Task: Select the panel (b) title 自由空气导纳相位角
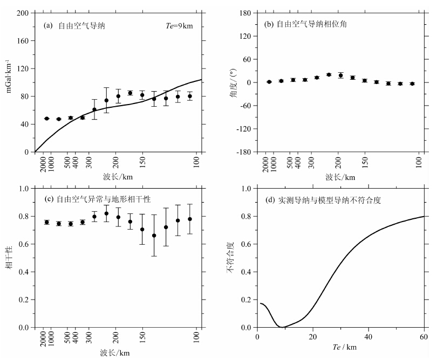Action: (x=305, y=24)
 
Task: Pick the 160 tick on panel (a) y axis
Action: (x=22, y=40)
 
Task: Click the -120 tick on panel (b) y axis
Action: (x=244, y=129)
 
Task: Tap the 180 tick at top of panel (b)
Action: (x=246, y=13)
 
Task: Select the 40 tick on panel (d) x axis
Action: (x=368, y=337)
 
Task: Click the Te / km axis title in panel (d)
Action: (x=340, y=348)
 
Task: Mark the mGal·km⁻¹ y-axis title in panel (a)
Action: (x=9, y=82)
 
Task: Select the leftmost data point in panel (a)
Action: (x=47, y=119)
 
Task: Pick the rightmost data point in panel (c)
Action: (x=190, y=219)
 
